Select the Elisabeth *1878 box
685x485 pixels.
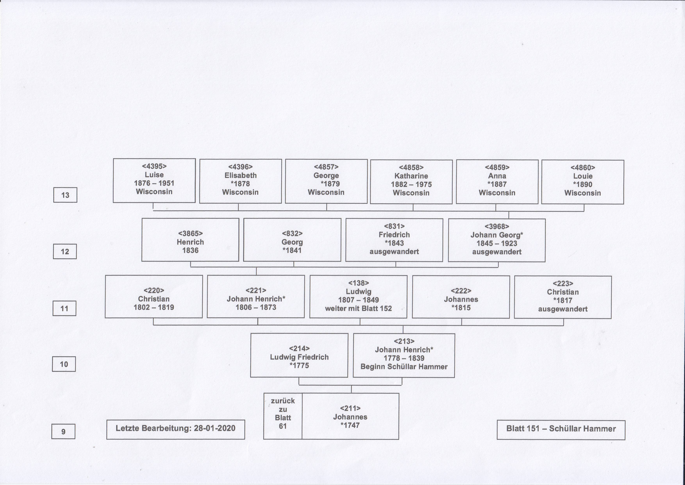(240, 181)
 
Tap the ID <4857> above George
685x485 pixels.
(326, 167)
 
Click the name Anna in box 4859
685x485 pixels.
(497, 176)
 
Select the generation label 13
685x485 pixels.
(65, 195)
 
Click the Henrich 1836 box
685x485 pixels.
(190, 240)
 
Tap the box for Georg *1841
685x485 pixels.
(292, 240)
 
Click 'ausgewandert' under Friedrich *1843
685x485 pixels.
(394, 252)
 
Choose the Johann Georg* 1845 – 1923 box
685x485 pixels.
(497, 240)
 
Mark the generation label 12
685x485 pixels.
(65, 251)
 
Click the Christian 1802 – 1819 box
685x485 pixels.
(154, 296)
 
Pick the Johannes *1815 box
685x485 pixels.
(461, 297)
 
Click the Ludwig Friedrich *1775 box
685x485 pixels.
(299, 355)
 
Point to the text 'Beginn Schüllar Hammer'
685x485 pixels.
(404, 367)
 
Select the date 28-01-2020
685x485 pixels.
(214, 428)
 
